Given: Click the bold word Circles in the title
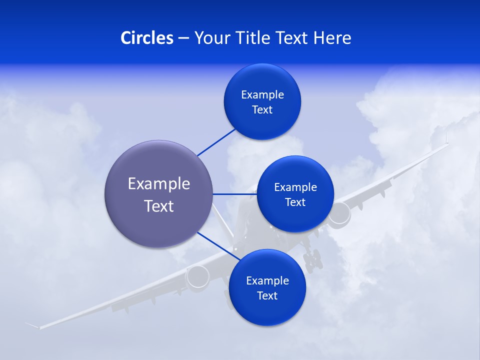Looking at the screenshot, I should tap(146, 38).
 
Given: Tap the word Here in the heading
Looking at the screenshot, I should tap(332, 38).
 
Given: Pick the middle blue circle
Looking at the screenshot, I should tap(295, 217).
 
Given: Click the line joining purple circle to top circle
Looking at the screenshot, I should tap(216, 141).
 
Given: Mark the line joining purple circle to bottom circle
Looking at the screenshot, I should tap(215, 245).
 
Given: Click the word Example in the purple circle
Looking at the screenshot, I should tap(159, 184).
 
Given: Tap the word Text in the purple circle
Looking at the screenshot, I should tap(159, 206).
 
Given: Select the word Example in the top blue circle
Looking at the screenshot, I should tap(262, 95).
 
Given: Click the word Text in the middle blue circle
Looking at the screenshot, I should tap(295, 202).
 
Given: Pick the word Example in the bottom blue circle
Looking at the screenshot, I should tap(267, 281).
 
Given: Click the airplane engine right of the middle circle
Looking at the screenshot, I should tap(340, 213).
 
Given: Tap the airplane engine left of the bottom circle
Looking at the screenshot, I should tap(198, 276).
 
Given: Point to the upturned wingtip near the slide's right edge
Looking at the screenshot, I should tap(446, 137).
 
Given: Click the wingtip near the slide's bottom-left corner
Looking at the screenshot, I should tap(33, 325).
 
